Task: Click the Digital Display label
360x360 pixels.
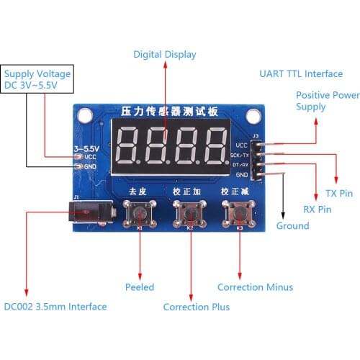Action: point(164,54)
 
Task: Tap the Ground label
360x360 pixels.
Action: point(292,225)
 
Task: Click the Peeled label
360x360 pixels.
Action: point(140,287)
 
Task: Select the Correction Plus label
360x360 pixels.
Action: point(196,307)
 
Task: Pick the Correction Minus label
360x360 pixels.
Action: point(255,287)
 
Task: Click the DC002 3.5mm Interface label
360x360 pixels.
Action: point(55,307)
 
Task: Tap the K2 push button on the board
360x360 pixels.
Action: point(189,213)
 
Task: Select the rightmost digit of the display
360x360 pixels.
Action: point(215,145)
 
